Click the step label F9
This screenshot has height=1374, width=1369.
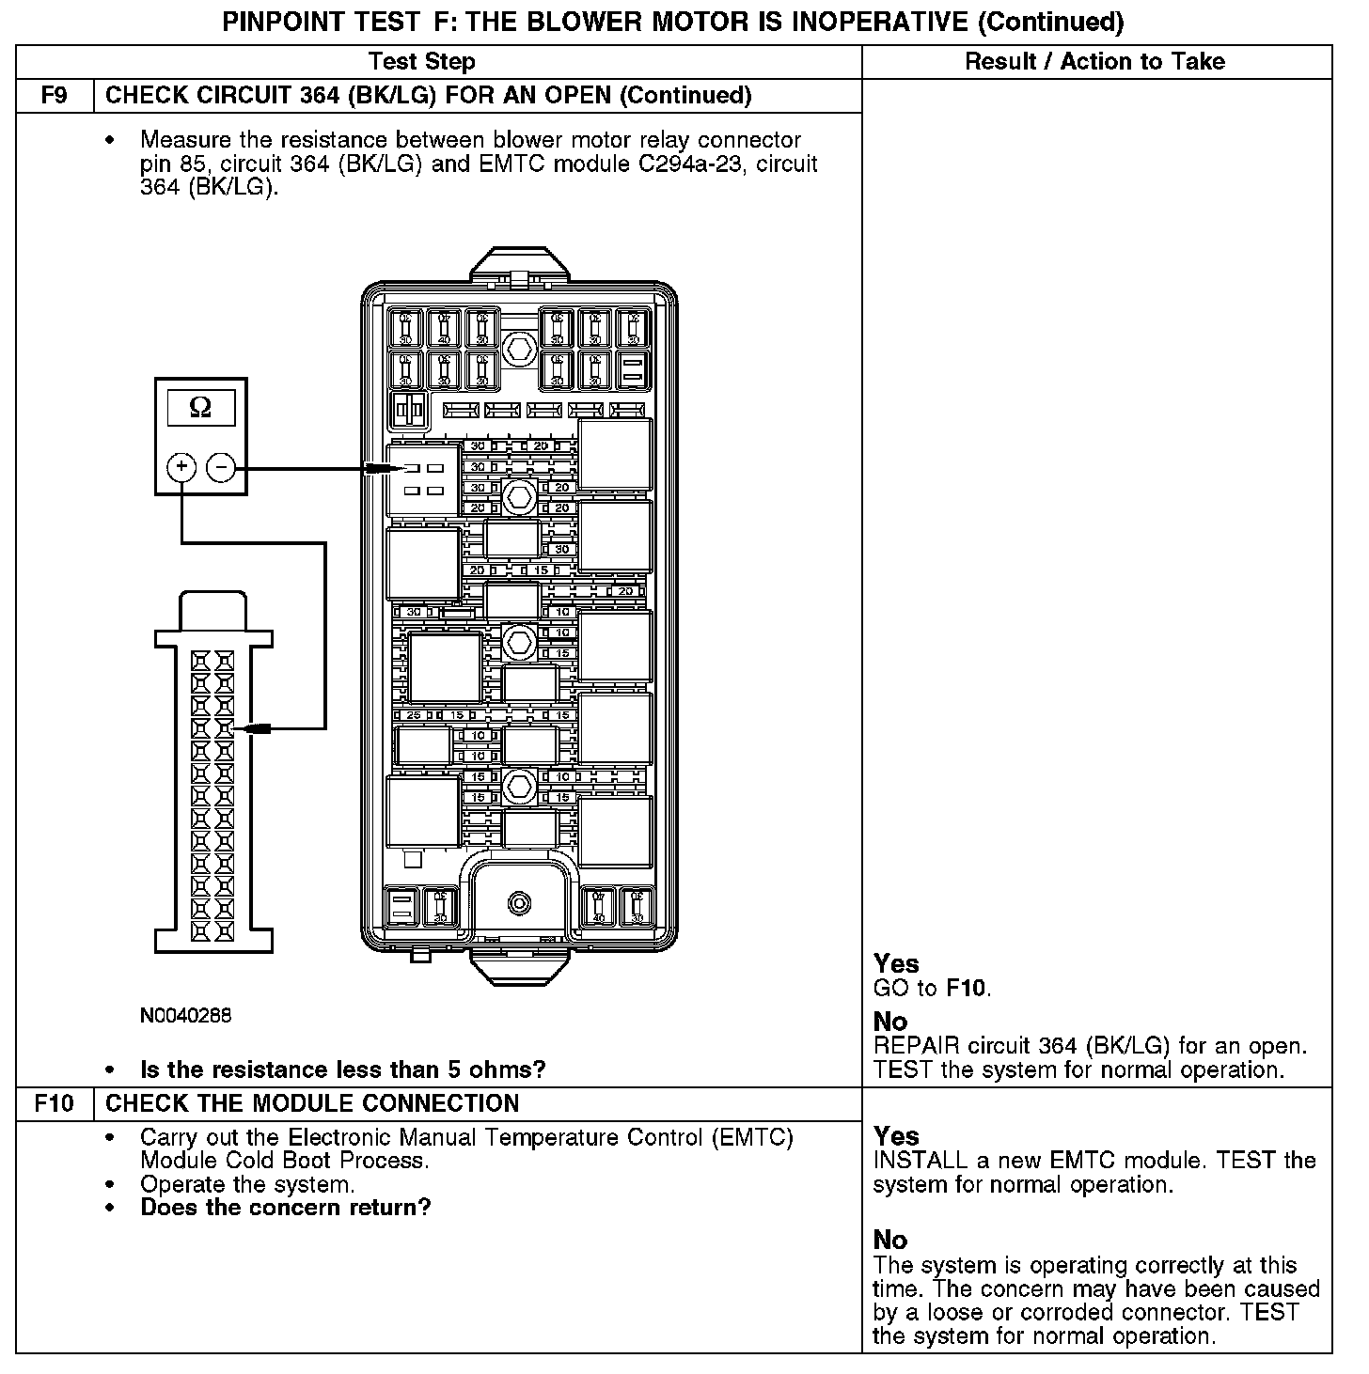pyautogui.click(x=55, y=96)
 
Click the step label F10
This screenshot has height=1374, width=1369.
pyautogui.click(x=55, y=1103)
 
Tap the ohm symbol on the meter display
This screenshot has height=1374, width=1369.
pyautogui.click(x=200, y=408)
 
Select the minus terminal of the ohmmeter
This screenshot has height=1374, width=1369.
pyautogui.click(x=221, y=467)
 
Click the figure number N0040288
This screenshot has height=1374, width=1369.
pyautogui.click(x=185, y=1016)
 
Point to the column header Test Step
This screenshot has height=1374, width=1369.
pyautogui.click(x=422, y=62)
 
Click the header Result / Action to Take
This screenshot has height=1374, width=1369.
pyautogui.click(x=1095, y=62)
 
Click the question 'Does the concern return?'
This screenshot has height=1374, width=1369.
pyautogui.click(x=286, y=1208)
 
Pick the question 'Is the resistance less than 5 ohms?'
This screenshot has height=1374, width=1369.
pyautogui.click(x=342, y=1070)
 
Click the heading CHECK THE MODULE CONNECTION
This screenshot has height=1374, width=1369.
pyautogui.click(x=312, y=1103)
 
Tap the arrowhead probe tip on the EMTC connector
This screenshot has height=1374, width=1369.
pyautogui.click(x=241, y=728)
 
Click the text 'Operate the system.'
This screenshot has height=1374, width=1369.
pyautogui.click(x=247, y=1184)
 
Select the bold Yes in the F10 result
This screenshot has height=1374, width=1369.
pyautogui.click(x=896, y=1135)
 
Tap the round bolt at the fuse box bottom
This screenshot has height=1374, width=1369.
pyautogui.click(x=518, y=903)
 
